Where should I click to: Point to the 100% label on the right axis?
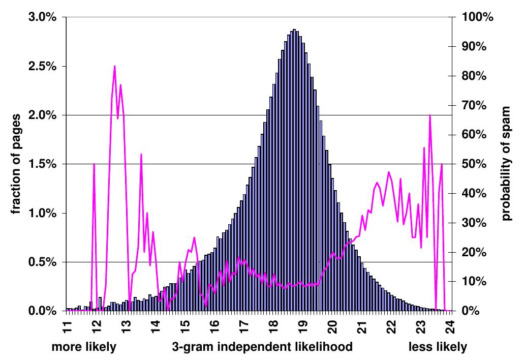(x=477, y=17)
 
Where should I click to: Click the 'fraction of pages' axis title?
(x=16, y=164)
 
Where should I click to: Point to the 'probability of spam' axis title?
(x=506, y=164)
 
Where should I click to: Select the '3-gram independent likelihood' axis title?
(x=262, y=347)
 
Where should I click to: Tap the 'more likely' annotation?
(x=84, y=347)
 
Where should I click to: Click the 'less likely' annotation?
(x=438, y=347)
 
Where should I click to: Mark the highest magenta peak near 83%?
(x=114, y=66)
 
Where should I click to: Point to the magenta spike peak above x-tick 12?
(x=94, y=164)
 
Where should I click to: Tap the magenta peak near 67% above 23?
(x=430, y=115)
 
